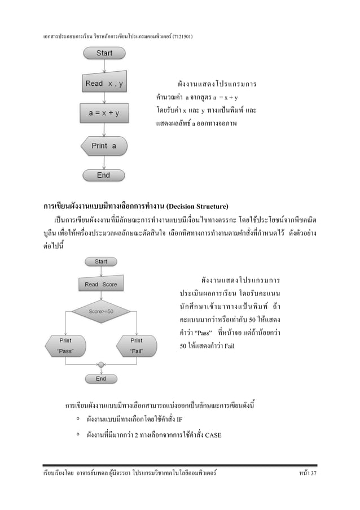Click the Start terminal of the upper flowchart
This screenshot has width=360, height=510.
click(104, 53)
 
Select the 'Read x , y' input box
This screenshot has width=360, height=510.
click(103, 84)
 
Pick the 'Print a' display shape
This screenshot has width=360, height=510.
click(103, 146)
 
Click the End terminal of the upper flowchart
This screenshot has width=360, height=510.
click(103, 176)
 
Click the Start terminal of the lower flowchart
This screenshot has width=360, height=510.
click(101, 262)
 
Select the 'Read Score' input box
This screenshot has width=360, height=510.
click(101, 284)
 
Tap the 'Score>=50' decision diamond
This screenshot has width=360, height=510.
click(101, 311)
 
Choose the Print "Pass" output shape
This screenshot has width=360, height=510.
click(66, 345)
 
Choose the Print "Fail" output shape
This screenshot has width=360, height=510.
click(136, 345)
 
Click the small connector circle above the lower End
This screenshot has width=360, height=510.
click(101, 364)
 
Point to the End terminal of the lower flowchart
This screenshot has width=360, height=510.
click(101, 378)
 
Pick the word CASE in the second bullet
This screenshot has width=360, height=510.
click(213, 435)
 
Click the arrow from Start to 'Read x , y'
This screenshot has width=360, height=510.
click(104, 66)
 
